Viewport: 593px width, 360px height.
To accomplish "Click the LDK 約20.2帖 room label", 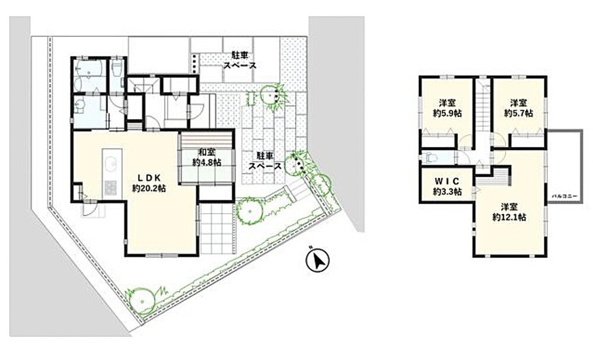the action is coord(149,183).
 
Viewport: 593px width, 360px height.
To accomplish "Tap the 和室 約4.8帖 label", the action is coord(206,157).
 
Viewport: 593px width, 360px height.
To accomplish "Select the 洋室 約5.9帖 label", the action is coord(447,108).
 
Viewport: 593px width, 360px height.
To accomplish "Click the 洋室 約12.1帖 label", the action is coord(509,212).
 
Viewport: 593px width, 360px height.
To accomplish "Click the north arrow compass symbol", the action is coord(318,260).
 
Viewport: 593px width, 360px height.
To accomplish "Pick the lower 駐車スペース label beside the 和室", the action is coord(264,161).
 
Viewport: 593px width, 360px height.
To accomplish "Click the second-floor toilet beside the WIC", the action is coord(431,157).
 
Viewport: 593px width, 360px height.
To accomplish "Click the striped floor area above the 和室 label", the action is coord(206,139).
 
